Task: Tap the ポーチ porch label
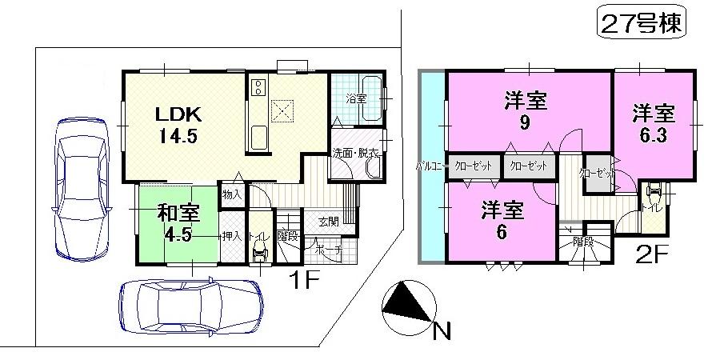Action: [332, 250]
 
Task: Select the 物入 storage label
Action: [230, 194]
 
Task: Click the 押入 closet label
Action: [232, 237]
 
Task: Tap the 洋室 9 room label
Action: [524, 111]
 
